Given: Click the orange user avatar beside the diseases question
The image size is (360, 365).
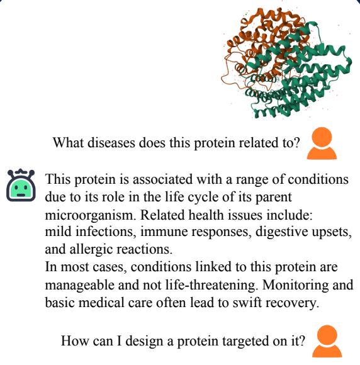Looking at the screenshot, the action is (322, 143).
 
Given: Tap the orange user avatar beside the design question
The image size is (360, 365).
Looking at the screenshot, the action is (327, 341).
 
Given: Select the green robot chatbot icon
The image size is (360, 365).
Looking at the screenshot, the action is (21, 185).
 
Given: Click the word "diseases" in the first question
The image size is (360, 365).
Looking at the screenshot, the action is (111, 143).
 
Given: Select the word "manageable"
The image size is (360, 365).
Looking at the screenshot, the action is (80, 285).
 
